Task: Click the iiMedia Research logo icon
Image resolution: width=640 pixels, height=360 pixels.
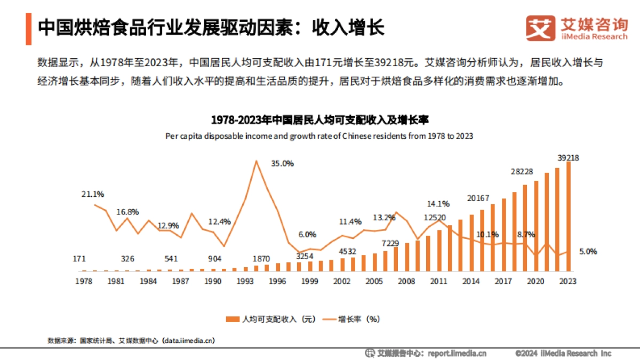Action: click(x=540, y=28)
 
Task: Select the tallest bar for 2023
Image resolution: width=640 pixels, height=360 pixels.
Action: click(x=569, y=216)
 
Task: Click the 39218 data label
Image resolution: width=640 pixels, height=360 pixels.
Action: click(x=569, y=157)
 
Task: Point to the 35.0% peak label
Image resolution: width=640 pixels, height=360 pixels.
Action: click(x=282, y=164)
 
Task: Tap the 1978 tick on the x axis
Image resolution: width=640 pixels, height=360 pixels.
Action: click(x=83, y=281)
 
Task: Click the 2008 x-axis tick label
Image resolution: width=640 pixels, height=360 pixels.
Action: click(x=407, y=281)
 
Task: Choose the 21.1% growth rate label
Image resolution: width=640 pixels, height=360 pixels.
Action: click(x=93, y=194)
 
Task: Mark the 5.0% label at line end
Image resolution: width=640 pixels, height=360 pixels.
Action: click(x=588, y=251)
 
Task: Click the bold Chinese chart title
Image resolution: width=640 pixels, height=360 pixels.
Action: click(x=319, y=119)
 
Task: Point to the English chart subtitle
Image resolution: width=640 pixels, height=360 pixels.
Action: click(x=319, y=136)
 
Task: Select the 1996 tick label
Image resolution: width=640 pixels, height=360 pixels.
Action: click(x=277, y=281)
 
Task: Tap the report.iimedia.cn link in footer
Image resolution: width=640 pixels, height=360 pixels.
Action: click(x=457, y=353)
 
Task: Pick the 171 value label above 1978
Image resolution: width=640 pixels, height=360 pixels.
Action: click(x=79, y=259)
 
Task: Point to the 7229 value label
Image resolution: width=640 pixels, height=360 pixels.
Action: click(x=391, y=243)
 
